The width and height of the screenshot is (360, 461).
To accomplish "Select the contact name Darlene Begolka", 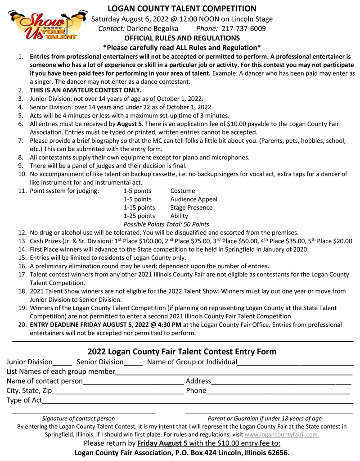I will tap(153, 28).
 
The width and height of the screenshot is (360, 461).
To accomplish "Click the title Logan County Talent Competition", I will tap(182, 9).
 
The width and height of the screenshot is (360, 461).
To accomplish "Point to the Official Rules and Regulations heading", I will tap(182, 38).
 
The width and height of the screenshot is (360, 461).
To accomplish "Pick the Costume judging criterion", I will tap(183, 191).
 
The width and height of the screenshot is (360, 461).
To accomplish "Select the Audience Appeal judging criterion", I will tap(193, 199).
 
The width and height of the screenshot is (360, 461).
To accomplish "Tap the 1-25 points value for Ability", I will tap(139, 216).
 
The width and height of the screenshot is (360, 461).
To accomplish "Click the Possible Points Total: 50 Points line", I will tap(166, 224).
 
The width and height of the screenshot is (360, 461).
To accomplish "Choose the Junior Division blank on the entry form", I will tap(62, 364).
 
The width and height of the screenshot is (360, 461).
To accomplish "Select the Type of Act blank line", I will tap(198, 402).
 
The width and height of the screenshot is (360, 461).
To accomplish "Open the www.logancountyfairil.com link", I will tap(282, 434).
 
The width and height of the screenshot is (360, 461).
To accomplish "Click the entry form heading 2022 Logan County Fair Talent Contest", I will tap(182, 351).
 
